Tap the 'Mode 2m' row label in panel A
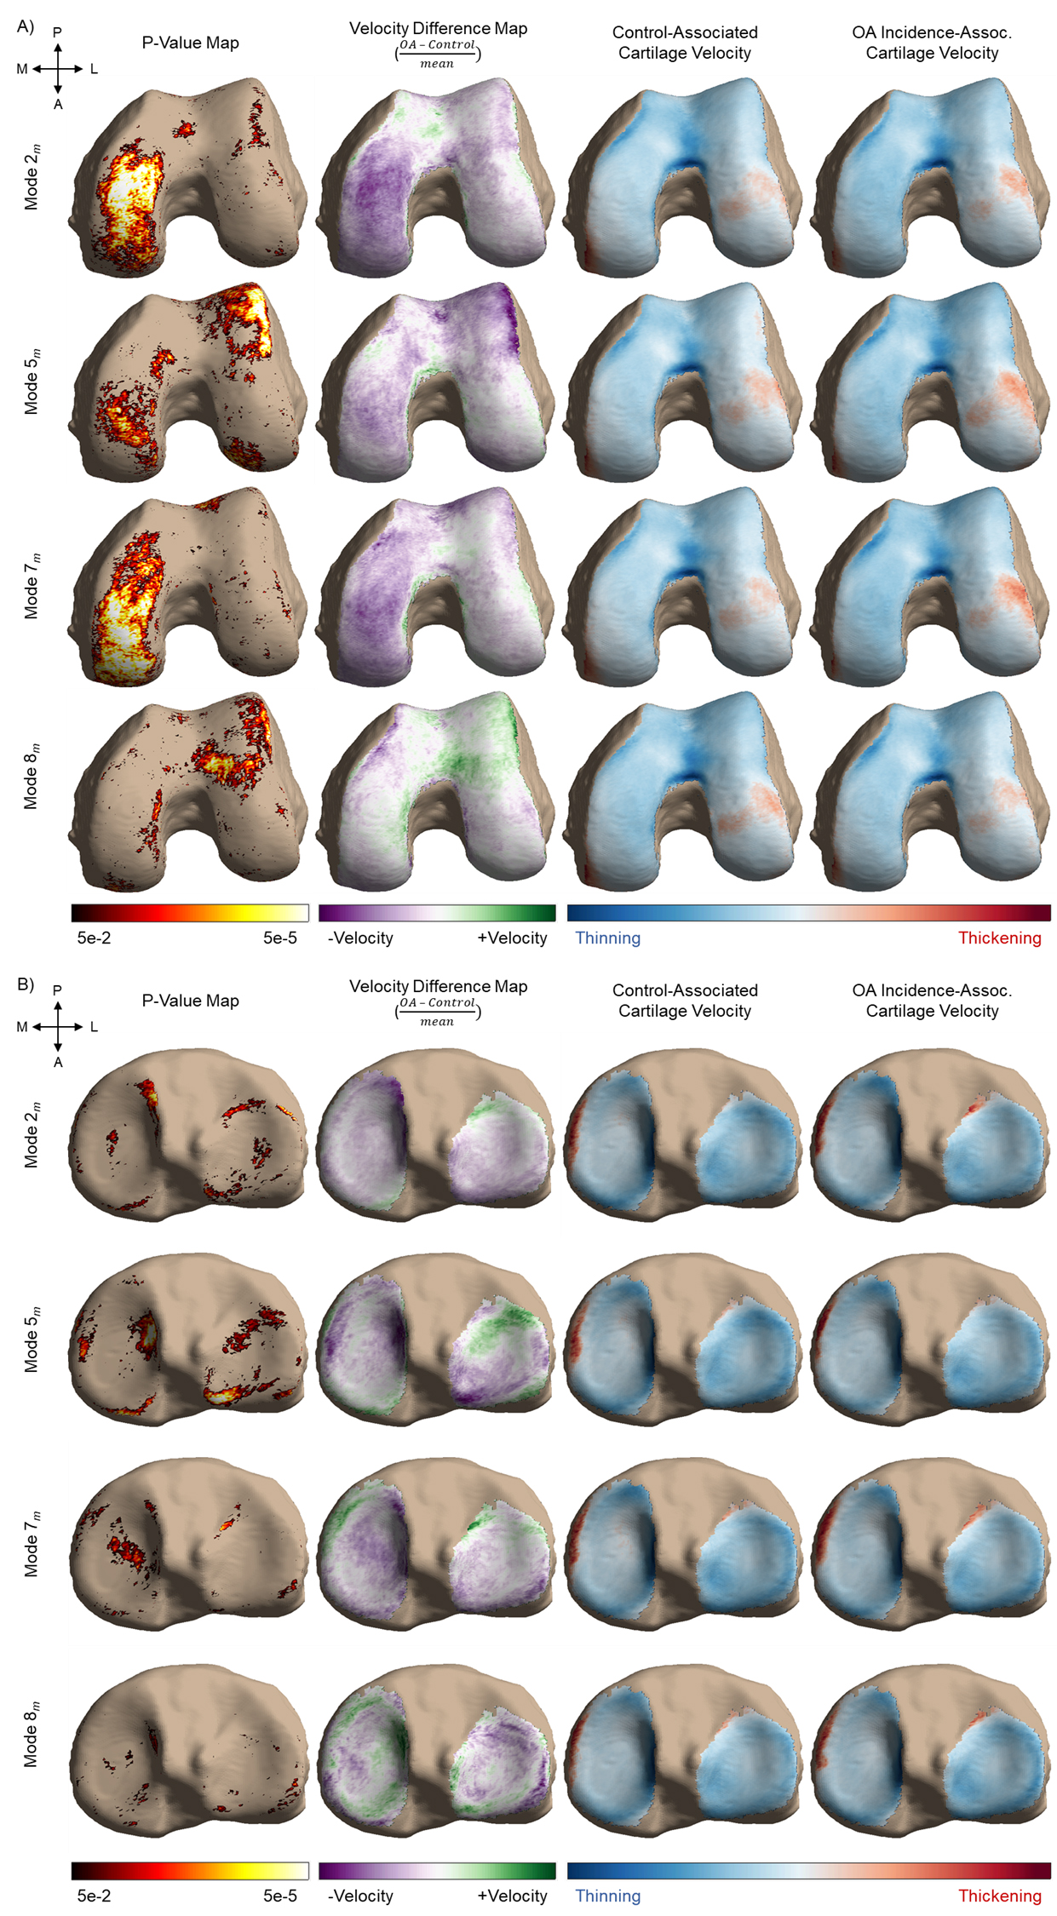coord(32,177)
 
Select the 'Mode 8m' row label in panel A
coord(32,777)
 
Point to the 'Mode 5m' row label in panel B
coord(32,1339)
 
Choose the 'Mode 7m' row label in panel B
coord(32,1544)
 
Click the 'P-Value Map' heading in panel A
coord(190,43)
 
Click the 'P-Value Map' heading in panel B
coord(190,1001)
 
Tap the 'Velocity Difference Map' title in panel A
coord(438,29)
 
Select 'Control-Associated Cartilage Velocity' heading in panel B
coord(685,1001)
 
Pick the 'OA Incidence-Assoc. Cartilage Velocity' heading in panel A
coord(932,43)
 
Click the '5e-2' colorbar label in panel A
coord(94,938)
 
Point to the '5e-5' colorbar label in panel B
coord(280,1896)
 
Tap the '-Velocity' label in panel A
coord(360,938)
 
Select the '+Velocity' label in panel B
coord(512,1896)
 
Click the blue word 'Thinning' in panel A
coord(607,938)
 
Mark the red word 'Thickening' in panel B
coord(999,1896)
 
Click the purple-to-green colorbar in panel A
coord(437,913)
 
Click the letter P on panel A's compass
coord(57,32)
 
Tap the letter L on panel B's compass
coord(94,1027)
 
